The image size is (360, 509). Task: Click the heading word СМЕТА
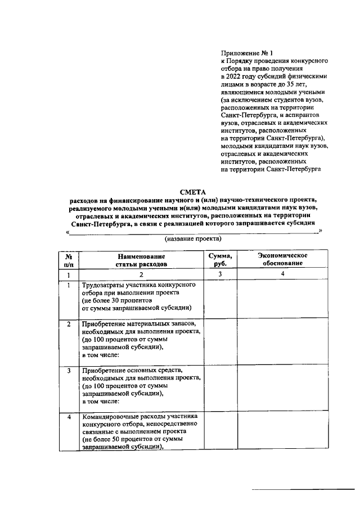[x=193, y=192]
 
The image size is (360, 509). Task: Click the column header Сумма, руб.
[x=220, y=259]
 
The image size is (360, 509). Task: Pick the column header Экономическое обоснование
[x=282, y=259]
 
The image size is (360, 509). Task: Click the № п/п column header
[x=69, y=259]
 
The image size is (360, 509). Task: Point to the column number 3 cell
[x=220, y=274]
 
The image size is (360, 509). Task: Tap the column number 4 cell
[x=283, y=274]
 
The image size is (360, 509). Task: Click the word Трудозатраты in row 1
[x=105, y=285]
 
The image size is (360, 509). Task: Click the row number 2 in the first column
[x=69, y=325]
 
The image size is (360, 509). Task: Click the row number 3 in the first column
[x=69, y=371]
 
